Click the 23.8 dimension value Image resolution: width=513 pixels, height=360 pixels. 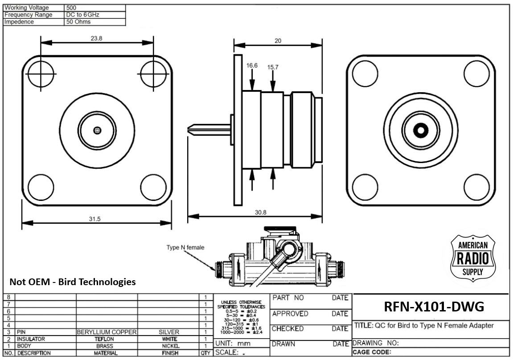pyautogui.click(x=96, y=39)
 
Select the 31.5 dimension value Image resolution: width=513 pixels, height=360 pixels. pyautogui.click(x=95, y=219)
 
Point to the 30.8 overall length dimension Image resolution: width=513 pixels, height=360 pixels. pyautogui.click(x=261, y=213)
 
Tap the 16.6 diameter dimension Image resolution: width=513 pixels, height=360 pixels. pyautogui.click(x=252, y=65)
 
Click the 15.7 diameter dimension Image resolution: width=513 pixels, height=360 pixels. pyautogui.click(x=273, y=67)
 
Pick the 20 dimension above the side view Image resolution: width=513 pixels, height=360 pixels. pyautogui.click(x=278, y=41)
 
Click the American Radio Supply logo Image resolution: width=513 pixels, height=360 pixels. pyautogui.click(x=473, y=258)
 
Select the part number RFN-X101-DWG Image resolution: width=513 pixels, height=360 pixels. pyautogui.click(x=434, y=307)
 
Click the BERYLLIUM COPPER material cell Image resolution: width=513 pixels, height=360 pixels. pyautogui.click(x=107, y=332)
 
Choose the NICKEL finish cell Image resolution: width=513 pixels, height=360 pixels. pyautogui.click(x=171, y=346)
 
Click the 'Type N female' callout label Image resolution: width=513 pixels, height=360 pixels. pyautogui.click(x=185, y=247)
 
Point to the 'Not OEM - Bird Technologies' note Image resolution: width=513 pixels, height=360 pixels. pyautogui.click(x=73, y=282)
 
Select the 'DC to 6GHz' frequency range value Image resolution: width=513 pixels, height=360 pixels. pyautogui.click(x=82, y=15)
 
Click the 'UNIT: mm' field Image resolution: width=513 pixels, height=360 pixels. pyautogui.click(x=233, y=344)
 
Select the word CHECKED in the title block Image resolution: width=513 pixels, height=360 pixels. pyautogui.click(x=287, y=329)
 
